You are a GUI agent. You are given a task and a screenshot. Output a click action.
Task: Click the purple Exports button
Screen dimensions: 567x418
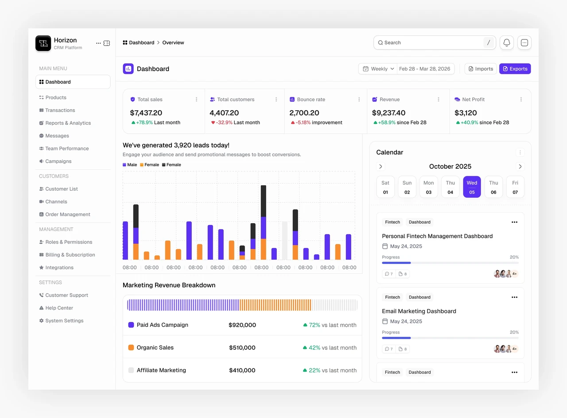pyautogui.click(x=515, y=69)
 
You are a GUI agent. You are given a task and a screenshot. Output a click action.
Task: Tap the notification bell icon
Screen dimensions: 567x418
pyautogui.click(x=506, y=43)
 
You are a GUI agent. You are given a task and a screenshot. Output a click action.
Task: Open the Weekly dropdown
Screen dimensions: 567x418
pyautogui.click(x=378, y=69)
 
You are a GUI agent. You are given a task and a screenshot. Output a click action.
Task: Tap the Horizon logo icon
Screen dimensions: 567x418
pyautogui.click(x=43, y=43)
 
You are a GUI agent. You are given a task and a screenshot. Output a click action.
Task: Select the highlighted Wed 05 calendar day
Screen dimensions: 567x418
pyautogui.click(x=472, y=187)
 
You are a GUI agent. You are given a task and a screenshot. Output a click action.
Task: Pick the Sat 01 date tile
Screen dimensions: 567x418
pyautogui.click(x=385, y=187)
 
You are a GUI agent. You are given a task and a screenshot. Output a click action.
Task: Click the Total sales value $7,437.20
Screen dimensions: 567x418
pyautogui.click(x=146, y=113)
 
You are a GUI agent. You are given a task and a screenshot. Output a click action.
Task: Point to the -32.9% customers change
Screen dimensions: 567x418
pyautogui.click(x=224, y=123)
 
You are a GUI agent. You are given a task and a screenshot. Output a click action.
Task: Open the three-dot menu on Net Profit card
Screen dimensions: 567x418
pyautogui.click(x=521, y=100)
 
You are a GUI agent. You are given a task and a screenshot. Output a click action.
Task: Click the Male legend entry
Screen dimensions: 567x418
pyautogui.click(x=130, y=165)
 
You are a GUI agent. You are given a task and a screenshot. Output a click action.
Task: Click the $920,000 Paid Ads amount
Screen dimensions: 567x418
pyautogui.click(x=242, y=325)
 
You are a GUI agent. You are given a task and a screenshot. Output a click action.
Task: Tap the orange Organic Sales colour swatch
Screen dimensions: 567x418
pyautogui.click(x=131, y=348)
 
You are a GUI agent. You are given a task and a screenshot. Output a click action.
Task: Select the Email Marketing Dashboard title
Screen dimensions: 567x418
pyautogui.click(x=419, y=311)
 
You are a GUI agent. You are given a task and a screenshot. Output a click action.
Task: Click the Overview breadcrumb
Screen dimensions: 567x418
pyautogui.click(x=173, y=43)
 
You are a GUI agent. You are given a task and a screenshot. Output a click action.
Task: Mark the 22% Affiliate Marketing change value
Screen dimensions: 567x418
pyautogui.click(x=315, y=371)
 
